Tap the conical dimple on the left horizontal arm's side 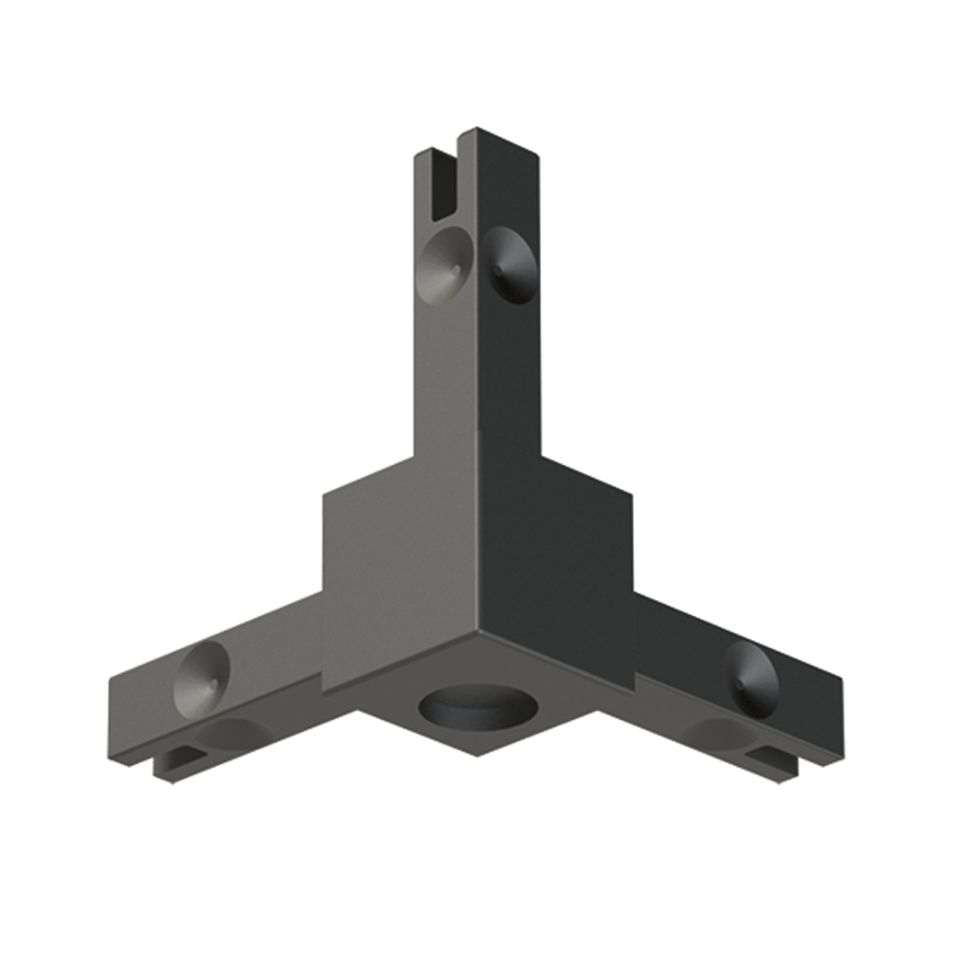pos(201,672)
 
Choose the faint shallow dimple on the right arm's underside pos(718,731)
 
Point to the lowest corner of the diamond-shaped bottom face pos(478,756)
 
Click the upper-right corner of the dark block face pos(633,493)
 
